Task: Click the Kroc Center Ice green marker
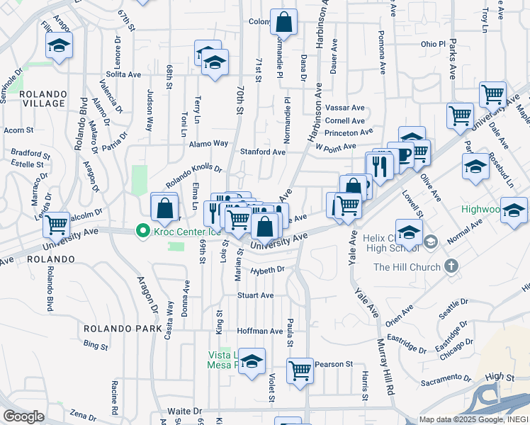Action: point(142,231)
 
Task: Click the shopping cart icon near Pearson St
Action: point(300,370)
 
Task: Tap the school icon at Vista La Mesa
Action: point(252,361)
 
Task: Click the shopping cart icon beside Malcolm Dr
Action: point(56,225)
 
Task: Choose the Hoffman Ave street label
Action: point(260,331)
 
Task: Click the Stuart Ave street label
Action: point(256,295)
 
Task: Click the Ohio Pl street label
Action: point(432,44)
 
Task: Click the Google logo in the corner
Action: point(23,416)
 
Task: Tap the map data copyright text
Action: point(473,419)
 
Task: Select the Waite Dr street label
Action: point(184,411)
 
